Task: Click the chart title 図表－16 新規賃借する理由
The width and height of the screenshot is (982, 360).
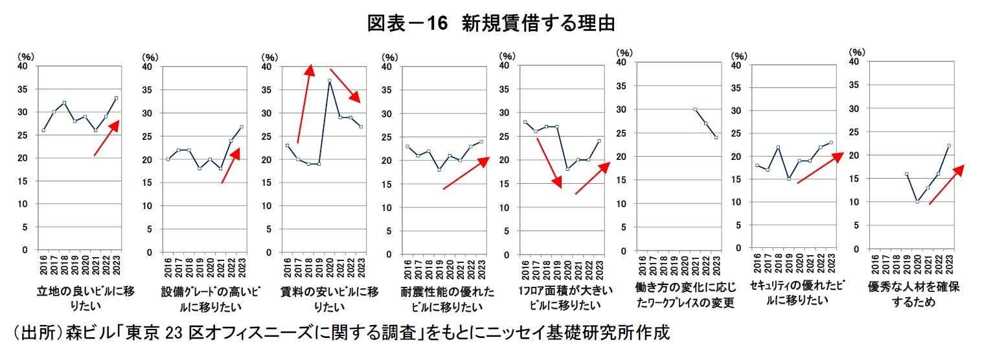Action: point(490,23)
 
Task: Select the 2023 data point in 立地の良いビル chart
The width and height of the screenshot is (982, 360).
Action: point(117,98)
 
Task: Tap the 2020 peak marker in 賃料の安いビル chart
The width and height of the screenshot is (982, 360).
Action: point(330,81)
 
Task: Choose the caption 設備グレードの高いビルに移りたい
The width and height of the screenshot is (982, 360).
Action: point(201,298)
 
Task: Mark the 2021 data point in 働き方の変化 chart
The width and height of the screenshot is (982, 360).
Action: point(695,109)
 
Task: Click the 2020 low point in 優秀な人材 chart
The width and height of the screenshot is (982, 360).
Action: point(917,202)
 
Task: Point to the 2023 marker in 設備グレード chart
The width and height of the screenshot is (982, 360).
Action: point(242,127)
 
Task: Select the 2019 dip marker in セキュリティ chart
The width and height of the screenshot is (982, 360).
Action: point(788,179)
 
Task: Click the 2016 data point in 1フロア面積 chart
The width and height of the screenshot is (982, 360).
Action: point(525,122)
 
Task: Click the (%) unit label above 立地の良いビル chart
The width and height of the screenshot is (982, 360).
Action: point(28,57)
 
